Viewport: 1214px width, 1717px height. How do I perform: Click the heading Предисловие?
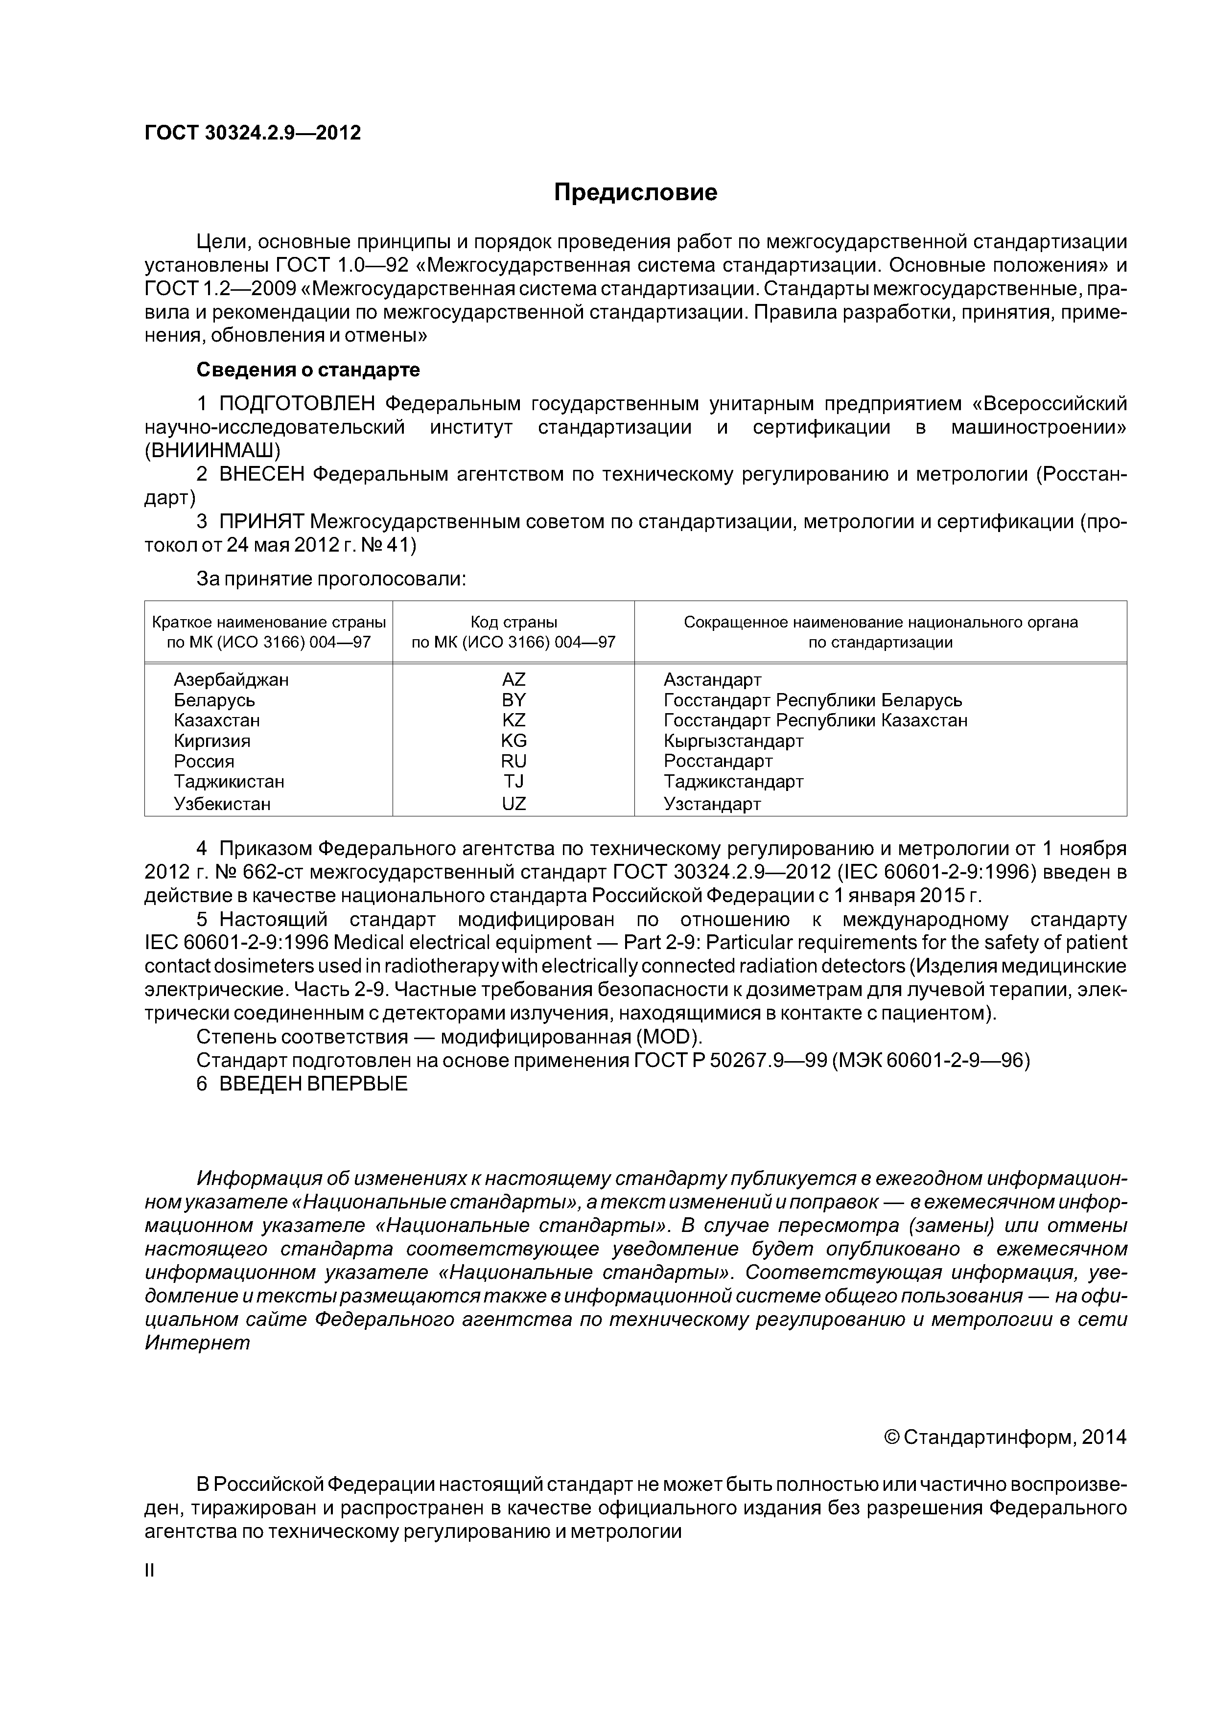(635, 193)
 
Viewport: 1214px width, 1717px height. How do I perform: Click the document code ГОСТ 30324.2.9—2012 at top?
(252, 133)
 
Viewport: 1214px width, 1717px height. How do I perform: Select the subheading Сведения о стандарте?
(307, 370)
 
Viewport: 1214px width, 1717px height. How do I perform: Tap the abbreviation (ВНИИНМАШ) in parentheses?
(212, 451)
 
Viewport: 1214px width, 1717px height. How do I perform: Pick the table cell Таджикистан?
(229, 782)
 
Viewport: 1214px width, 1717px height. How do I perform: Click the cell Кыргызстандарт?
(733, 741)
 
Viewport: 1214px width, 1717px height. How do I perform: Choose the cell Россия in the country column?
(204, 761)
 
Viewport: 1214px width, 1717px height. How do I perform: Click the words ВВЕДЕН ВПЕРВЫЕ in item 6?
(313, 1084)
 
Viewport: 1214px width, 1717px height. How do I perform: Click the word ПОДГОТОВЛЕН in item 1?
(297, 404)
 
